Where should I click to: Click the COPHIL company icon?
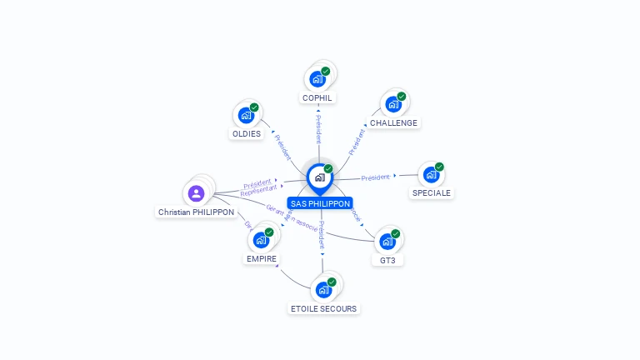click(x=317, y=79)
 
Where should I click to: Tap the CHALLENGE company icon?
click(x=393, y=105)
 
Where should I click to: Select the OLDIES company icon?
click(x=246, y=115)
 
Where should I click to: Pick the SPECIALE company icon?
click(x=430, y=175)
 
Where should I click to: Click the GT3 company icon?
click(x=387, y=242)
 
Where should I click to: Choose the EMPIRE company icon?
click(x=261, y=240)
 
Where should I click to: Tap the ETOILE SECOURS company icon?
click(x=322, y=290)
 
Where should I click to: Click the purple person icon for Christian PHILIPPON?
click(x=197, y=193)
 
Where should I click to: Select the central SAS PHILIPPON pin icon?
click(x=319, y=177)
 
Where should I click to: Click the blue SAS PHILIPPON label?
click(x=320, y=203)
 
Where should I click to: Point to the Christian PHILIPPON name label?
click(x=197, y=212)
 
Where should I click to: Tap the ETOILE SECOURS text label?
click(x=323, y=309)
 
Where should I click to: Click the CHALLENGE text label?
click(x=393, y=123)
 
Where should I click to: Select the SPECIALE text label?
click(x=431, y=193)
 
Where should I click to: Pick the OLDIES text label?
click(x=246, y=133)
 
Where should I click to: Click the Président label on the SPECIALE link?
click(x=376, y=177)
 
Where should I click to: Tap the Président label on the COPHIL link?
click(x=317, y=129)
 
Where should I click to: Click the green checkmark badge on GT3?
click(x=396, y=233)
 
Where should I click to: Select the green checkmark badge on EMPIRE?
click(x=269, y=232)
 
